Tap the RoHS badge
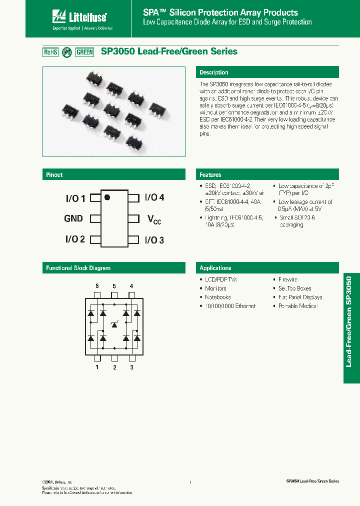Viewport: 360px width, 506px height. tap(51, 52)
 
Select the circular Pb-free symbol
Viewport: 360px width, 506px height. tap(67, 52)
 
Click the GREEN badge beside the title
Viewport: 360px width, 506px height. tap(85, 52)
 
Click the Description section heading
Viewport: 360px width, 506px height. tap(214, 72)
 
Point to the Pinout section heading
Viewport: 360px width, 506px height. tap(54, 175)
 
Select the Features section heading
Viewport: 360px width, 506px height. tap(210, 175)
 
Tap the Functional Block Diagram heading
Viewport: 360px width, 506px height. tap(78, 268)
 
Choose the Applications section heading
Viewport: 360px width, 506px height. tap(215, 268)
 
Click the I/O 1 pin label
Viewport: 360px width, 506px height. tap(75, 198)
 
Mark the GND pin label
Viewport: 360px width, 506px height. tap(73, 218)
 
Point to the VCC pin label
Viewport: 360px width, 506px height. tap(154, 219)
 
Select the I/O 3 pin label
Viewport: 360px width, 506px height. tap(154, 240)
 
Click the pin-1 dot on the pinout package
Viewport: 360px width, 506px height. tap(107, 197)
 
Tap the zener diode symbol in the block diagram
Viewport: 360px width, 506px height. tap(114, 325)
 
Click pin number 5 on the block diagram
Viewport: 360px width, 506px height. tap(114, 286)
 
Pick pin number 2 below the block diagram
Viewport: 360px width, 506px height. tap(114, 367)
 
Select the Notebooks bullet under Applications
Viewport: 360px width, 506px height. tap(217, 297)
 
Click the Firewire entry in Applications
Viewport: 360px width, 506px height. tap(287, 279)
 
